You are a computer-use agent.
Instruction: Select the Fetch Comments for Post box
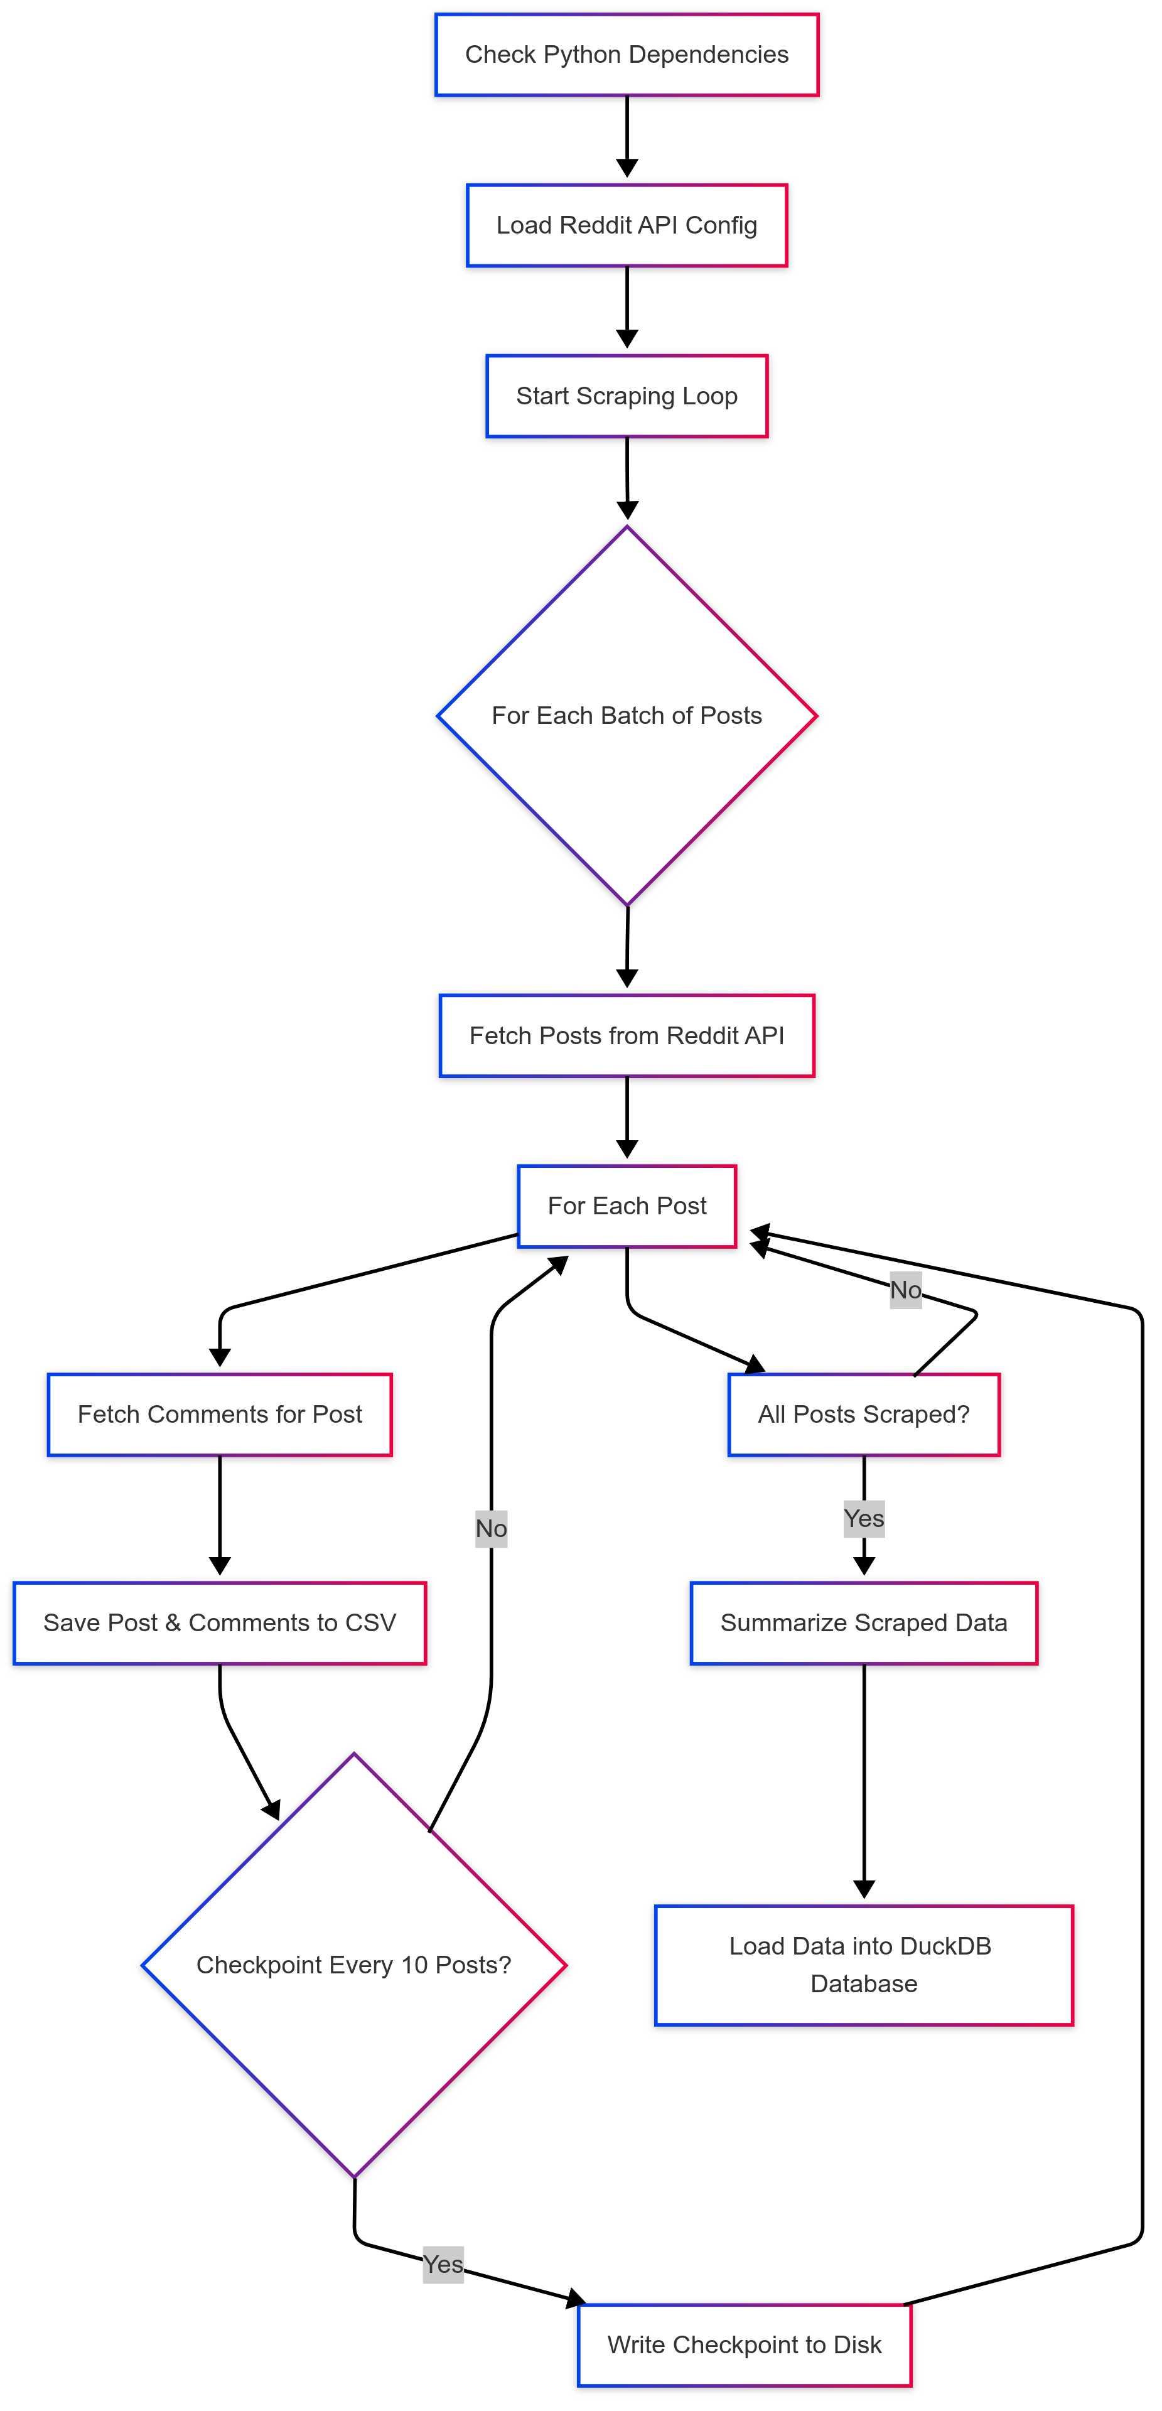219,1414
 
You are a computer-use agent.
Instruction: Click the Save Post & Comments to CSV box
219,1623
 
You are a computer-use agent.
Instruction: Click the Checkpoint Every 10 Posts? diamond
353,1965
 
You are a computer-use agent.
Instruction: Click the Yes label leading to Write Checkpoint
443,2264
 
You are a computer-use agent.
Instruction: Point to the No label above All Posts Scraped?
905,1290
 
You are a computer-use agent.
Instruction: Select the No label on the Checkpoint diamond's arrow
490,1528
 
